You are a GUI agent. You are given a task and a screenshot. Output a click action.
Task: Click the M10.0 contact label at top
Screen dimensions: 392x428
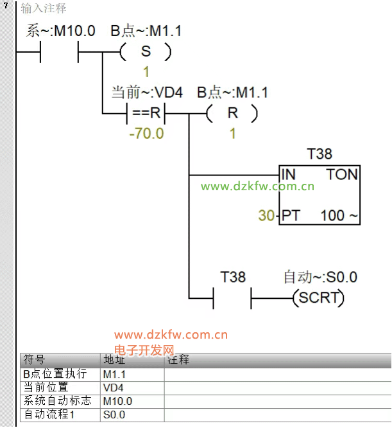pos(61,31)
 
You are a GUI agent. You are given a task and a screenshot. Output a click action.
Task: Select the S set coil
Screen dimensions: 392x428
pos(146,51)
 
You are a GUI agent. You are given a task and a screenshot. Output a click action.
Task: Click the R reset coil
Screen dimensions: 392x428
pos(232,113)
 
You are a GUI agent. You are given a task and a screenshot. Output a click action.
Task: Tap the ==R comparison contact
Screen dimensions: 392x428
pos(146,113)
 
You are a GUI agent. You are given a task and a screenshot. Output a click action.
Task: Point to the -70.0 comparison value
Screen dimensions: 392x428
pos(146,134)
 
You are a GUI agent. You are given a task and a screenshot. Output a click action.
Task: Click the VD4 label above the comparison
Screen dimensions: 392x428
pos(147,93)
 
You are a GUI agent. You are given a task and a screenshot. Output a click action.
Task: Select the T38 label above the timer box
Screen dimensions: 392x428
pos(320,154)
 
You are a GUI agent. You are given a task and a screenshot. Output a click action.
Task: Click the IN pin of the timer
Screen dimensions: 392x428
pos(289,174)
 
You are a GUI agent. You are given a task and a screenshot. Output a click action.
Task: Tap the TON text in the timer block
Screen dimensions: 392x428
pos(342,174)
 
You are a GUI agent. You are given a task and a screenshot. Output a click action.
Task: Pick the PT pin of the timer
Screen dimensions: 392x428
pos(291,215)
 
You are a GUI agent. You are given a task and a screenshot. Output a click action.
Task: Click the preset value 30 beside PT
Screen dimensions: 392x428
pos(266,215)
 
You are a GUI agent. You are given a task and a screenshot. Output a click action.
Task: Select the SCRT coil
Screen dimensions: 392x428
pos(318,298)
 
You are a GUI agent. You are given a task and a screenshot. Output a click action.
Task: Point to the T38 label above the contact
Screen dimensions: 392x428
pos(233,277)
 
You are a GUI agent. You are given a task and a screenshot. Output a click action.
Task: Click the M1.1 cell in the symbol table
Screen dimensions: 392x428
pos(114,375)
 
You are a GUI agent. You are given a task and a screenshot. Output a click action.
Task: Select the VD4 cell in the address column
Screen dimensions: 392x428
pos(114,388)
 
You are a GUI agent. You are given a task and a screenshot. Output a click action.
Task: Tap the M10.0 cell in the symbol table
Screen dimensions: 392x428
pos(117,401)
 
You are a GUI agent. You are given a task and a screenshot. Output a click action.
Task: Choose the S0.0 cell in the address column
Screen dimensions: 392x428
pos(114,415)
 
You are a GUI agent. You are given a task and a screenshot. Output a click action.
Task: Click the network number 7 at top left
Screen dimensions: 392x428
pos(6,5)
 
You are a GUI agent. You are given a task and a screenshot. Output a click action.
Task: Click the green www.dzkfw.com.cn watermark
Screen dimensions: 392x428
pos(257,186)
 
